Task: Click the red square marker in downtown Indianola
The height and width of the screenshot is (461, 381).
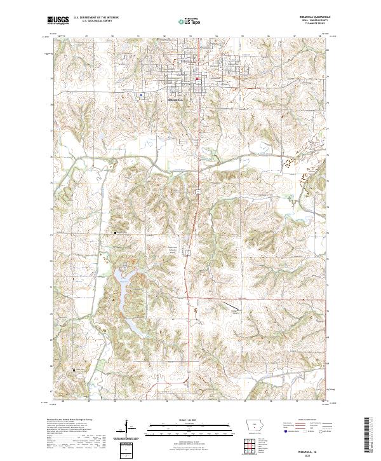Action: [197, 79]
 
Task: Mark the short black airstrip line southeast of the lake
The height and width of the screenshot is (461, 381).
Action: [235, 311]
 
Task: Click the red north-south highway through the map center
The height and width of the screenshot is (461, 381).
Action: [196, 210]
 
